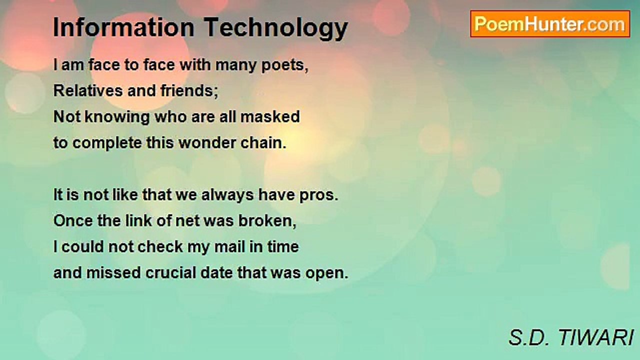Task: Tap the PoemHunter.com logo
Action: click(x=550, y=24)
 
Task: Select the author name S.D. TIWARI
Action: click(x=571, y=338)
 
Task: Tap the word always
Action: click(x=227, y=195)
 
